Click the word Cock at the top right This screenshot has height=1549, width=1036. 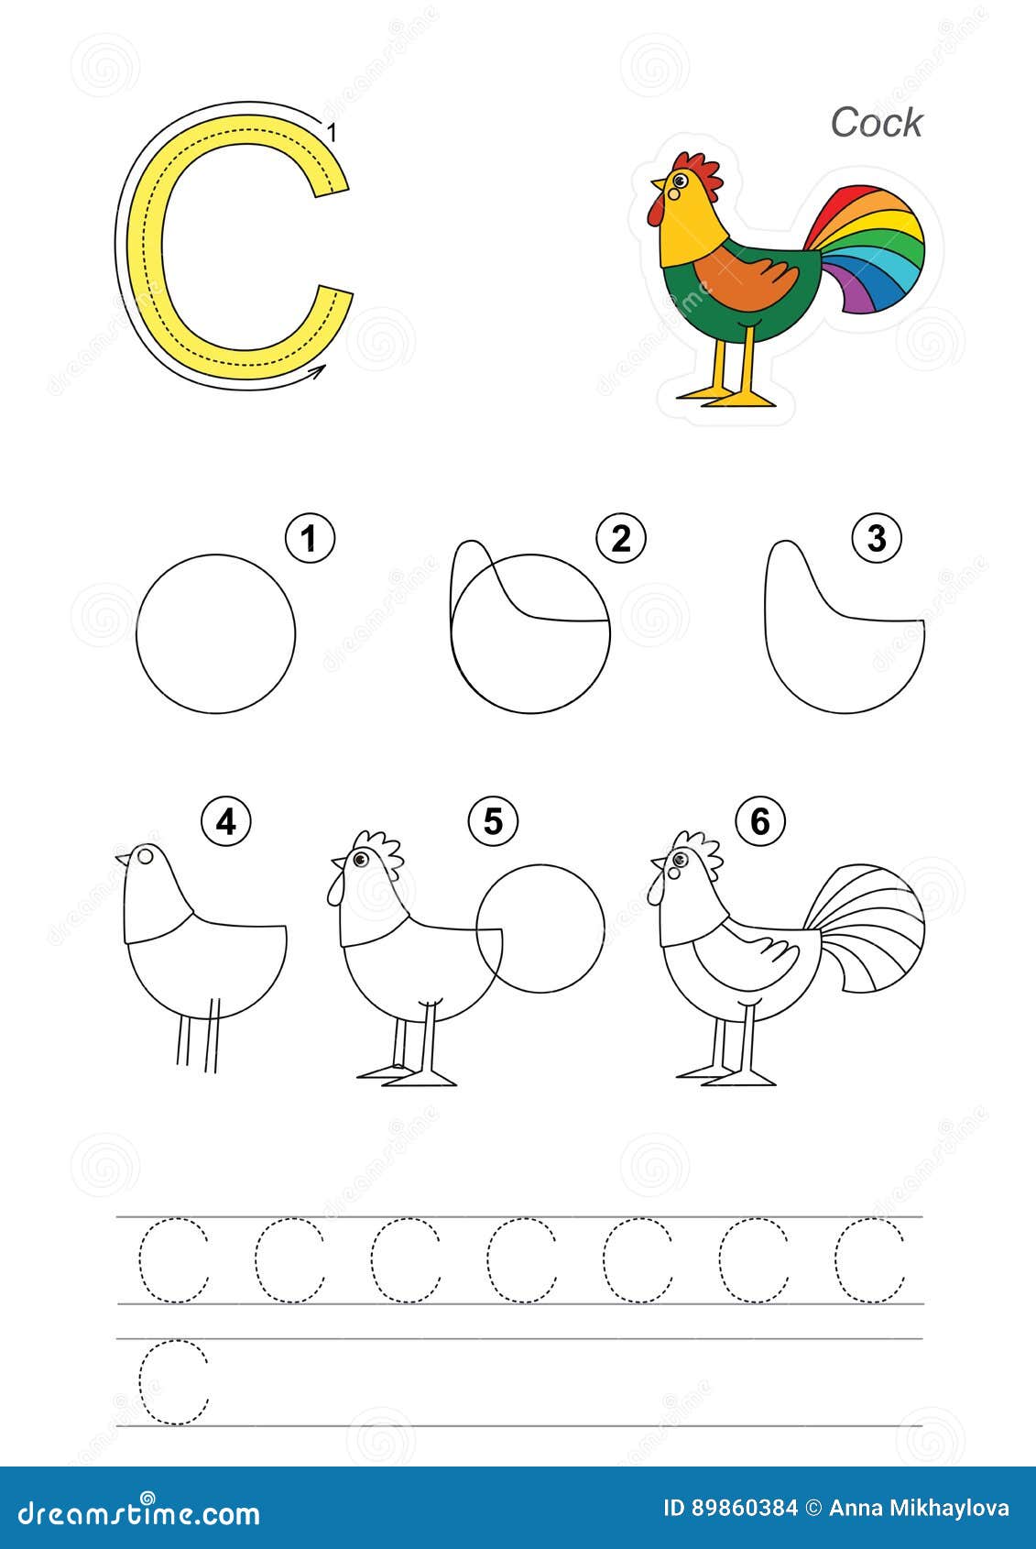click(876, 123)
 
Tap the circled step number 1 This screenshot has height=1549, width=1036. click(310, 539)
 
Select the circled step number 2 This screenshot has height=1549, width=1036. click(620, 539)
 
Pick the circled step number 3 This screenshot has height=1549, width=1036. click(876, 539)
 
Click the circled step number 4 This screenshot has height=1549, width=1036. click(226, 822)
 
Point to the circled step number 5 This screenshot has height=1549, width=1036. click(493, 822)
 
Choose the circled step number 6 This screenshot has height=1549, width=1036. click(759, 822)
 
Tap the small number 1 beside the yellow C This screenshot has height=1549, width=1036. click(333, 134)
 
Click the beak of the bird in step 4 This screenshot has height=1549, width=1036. click(122, 859)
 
